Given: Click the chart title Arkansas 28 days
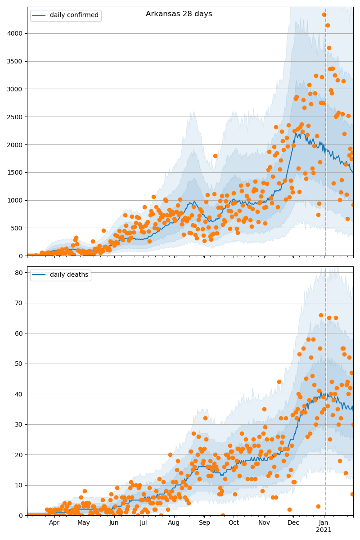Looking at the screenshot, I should pyautogui.click(x=179, y=14).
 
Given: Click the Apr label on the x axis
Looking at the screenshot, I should pyautogui.click(x=54, y=523).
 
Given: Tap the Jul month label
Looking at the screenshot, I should pyautogui.click(x=144, y=523).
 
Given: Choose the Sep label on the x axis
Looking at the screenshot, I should pyautogui.click(x=204, y=523).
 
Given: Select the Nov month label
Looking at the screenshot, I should pyautogui.click(x=264, y=523).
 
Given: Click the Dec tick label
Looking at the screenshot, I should pyautogui.click(x=293, y=523).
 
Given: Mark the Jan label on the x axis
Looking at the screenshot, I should pyautogui.click(x=324, y=523).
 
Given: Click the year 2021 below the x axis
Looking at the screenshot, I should pyautogui.click(x=324, y=530).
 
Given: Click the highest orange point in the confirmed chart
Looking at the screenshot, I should pyautogui.click(x=324, y=15).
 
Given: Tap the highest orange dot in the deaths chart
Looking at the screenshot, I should pyautogui.click(x=321, y=315).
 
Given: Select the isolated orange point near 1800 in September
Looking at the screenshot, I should pyautogui.click(x=215, y=156).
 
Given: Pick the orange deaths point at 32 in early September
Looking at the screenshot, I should pyautogui.click(x=205, y=418).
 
